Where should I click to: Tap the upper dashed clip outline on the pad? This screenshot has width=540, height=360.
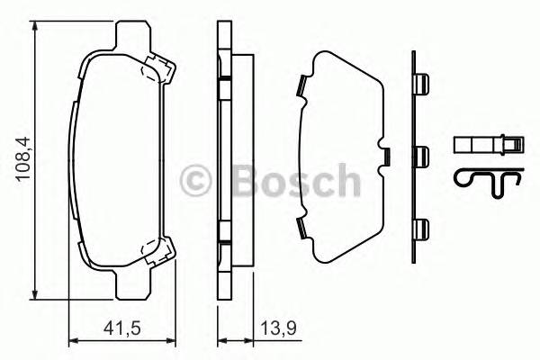point(157,67)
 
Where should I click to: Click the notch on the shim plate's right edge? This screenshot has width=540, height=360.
point(385,156)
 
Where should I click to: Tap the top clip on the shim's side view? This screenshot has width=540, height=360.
point(420,84)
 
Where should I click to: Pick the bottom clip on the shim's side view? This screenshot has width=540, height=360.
point(420,229)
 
